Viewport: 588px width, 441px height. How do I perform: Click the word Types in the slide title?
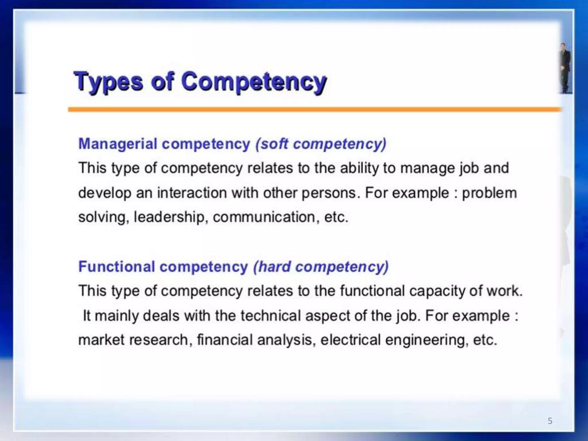108,82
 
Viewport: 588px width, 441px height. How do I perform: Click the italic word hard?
274,266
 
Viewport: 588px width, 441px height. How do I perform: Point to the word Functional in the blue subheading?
117,266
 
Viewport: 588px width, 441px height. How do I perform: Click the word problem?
489,193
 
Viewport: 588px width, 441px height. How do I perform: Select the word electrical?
350,340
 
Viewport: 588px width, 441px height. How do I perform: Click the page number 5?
550,421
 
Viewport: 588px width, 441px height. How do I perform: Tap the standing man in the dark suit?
565,67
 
